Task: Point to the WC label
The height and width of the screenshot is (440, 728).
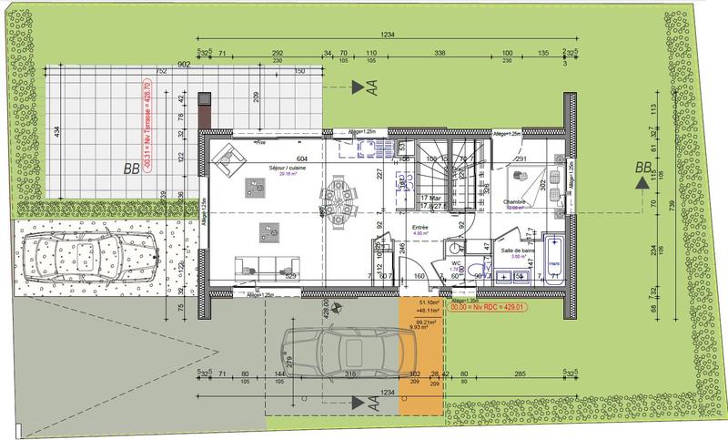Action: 456,262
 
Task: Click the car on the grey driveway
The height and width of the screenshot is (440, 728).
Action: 340,350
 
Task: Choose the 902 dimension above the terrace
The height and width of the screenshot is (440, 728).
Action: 183,64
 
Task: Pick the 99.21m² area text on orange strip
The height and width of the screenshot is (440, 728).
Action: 423,322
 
